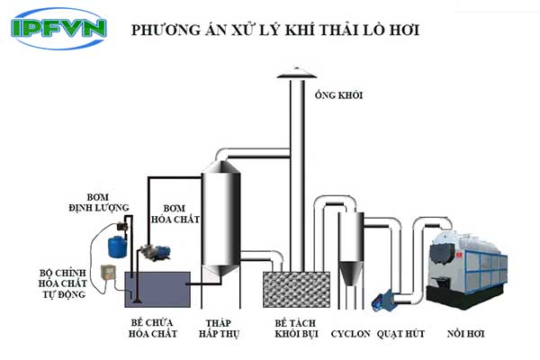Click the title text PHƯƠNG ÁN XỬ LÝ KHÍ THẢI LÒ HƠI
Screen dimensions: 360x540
(276, 30)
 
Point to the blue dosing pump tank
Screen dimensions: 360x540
(114, 243)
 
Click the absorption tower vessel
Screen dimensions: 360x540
(218, 216)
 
